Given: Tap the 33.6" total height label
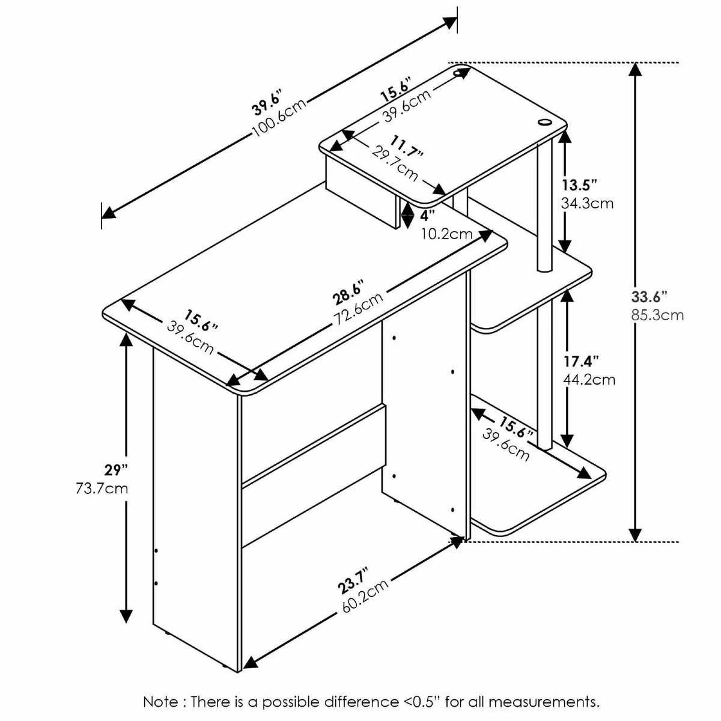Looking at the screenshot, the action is click(649, 297).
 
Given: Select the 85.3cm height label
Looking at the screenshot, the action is click(657, 315).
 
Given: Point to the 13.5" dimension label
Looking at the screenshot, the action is click(579, 185).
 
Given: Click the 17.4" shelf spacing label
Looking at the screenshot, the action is click(582, 362).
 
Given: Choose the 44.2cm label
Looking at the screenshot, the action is click(589, 380).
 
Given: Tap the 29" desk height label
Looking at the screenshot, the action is click(116, 470).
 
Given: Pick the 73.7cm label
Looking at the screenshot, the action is click(102, 488).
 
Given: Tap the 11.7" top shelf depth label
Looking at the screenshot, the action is click(407, 146).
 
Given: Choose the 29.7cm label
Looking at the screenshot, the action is click(395, 163).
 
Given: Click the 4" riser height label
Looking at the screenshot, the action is click(428, 216).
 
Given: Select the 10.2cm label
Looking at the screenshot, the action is click(447, 234).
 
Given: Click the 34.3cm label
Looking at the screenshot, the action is click(587, 203).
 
